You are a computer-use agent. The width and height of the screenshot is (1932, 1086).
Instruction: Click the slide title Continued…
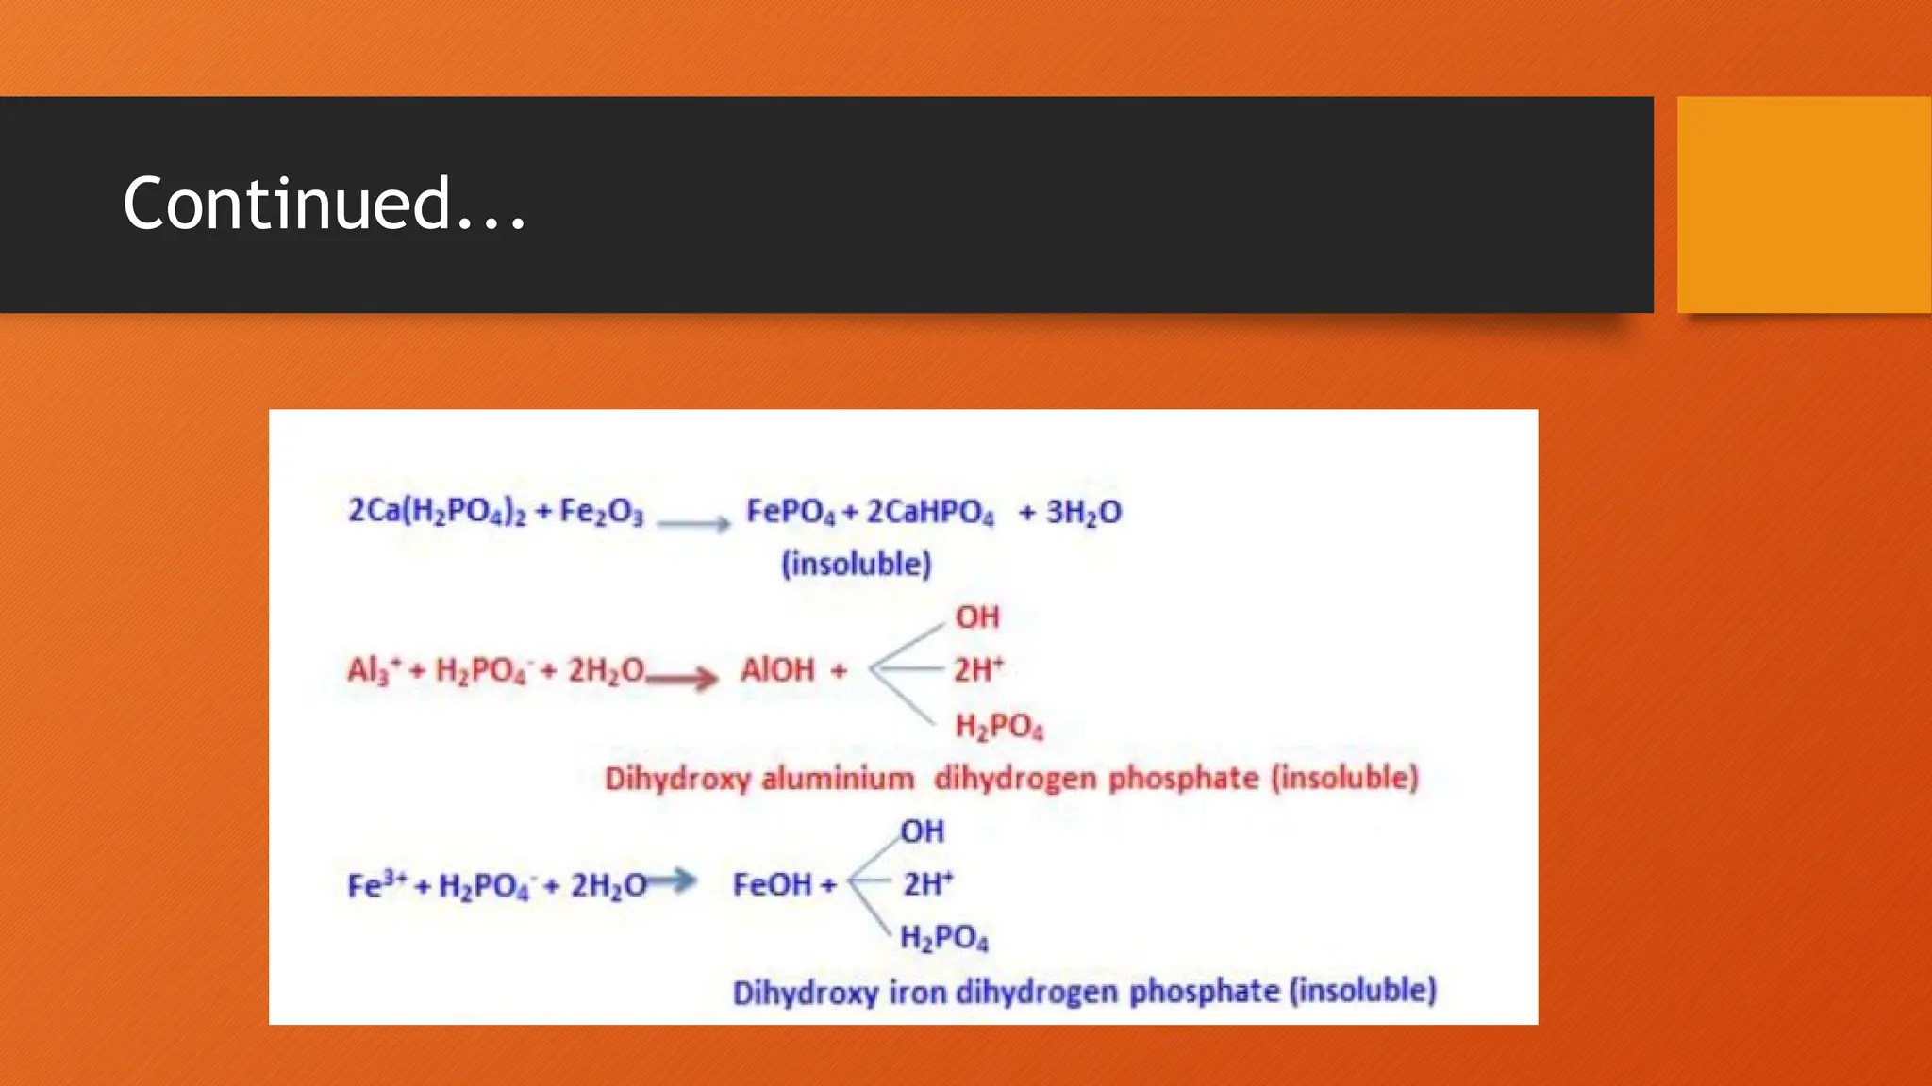point(324,204)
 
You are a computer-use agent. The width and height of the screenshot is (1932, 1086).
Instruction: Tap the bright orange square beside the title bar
point(1804,204)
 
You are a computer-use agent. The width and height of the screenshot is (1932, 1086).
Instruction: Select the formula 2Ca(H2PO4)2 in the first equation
point(437,512)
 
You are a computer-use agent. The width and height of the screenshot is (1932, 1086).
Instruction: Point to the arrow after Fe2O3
point(693,523)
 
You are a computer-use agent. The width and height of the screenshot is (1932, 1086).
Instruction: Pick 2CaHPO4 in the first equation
point(930,512)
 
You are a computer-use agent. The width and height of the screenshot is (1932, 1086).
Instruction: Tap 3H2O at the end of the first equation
point(1084,512)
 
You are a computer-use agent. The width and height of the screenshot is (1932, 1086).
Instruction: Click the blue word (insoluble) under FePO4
point(857,564)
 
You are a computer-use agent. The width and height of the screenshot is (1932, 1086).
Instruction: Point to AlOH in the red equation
point(777,670)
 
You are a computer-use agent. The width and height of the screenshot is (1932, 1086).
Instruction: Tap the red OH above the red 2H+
point(977,617)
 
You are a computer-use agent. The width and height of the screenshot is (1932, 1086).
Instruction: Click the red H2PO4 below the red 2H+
point(999,727)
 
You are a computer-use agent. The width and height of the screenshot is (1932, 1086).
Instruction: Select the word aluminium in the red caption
point(838,779)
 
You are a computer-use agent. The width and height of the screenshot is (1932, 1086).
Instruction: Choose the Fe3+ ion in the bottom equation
point(377,885)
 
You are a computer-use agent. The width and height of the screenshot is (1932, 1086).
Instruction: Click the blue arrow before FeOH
point(672,881)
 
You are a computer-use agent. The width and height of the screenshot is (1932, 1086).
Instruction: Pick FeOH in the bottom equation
point(772,885)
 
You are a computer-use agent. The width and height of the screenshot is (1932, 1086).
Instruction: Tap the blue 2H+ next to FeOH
point(928,884)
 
